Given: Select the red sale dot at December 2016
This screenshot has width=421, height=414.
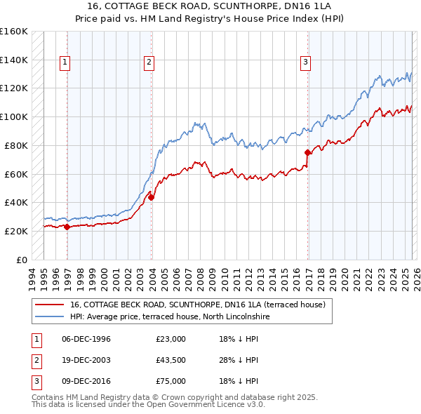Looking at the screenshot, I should click(308, 152).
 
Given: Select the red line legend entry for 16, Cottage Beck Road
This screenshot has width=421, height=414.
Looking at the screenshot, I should click(197, 305).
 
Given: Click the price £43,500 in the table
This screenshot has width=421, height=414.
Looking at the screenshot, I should click(171, 360).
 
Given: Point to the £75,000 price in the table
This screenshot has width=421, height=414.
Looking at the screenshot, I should click(171, 381).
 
